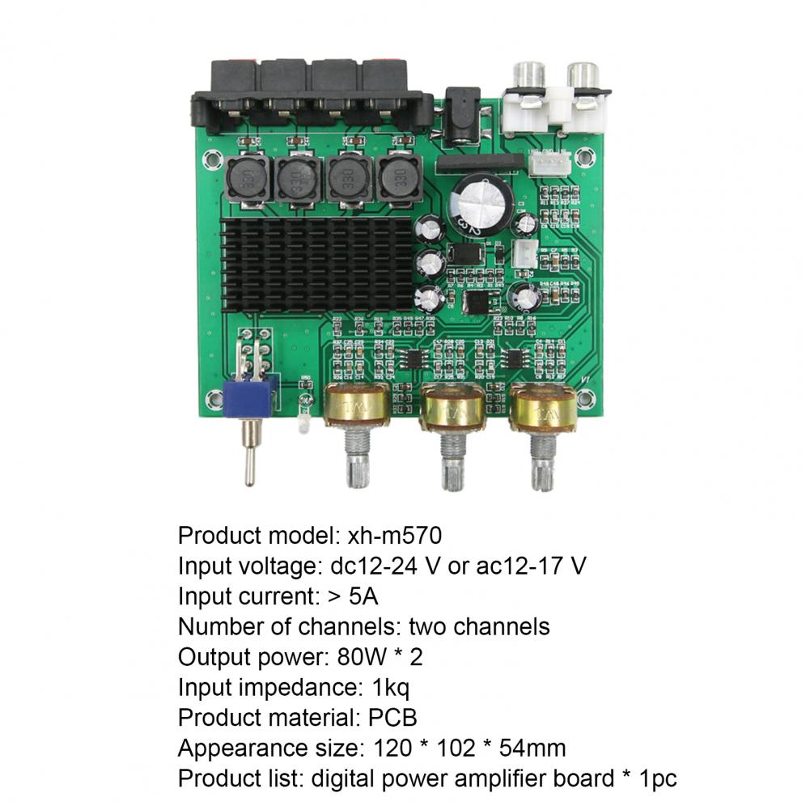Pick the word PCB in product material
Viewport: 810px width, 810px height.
(391, 718)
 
